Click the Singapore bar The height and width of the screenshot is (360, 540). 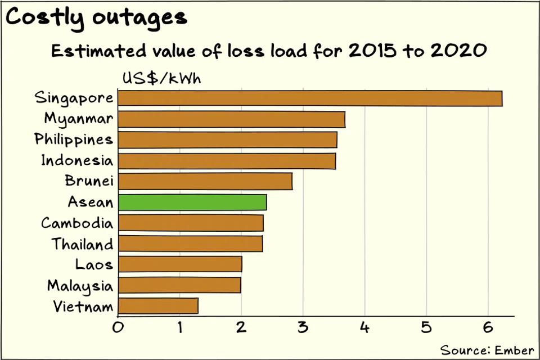click(x=310, y=98)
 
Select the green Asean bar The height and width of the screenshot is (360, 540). click(x=192, y=202)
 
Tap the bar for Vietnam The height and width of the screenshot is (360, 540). click(x=158, y=306)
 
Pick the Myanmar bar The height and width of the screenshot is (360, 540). click(x=232, y=119)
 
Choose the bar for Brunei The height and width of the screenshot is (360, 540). click(x=205, y=181)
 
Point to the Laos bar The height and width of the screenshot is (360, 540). click(x=180, y=264)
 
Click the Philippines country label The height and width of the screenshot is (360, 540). click(x=74, y=139)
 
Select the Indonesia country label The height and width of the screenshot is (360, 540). click(x=76, y=160)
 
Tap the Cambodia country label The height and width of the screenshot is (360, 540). click(x=76, y=223)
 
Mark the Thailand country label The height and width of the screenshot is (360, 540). click(x=82, y=244)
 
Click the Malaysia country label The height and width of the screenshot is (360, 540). click(x=80, y=286)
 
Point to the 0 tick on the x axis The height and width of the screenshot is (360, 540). click(x=118, y=327)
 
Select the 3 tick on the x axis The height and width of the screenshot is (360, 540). click(x=303, y=327)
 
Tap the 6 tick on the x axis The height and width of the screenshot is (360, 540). click(x=488, y=327)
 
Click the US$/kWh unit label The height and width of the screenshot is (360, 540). click(x=161, y=78)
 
